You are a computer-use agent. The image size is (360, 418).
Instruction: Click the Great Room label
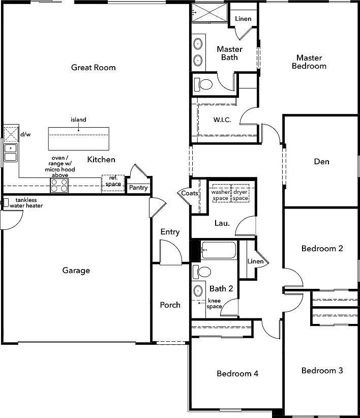click(93, 67)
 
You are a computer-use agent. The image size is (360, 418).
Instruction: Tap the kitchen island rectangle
click(79, 137)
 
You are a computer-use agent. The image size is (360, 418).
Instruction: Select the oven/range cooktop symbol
click(59, 186)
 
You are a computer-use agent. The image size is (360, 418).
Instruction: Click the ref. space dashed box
click(113, 183)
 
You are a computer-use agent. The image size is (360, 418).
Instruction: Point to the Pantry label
click(138, 188)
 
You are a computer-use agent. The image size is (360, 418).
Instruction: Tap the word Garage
click(76, 271)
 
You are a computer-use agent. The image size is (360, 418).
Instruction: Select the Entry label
click(170, 232)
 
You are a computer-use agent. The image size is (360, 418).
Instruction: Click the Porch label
click(170, 305)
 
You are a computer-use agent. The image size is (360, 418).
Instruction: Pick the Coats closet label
click(190, 193)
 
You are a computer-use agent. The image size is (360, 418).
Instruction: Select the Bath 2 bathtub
click(219, 251)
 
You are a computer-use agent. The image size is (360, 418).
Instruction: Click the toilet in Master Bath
click(205, 84)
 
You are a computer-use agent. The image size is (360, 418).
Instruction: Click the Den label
click(321, 162)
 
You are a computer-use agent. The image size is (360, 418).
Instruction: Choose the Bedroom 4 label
click(237, 374)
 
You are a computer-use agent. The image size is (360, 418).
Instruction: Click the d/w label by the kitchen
click(25, 135)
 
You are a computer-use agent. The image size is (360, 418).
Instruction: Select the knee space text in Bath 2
click(214, 304)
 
